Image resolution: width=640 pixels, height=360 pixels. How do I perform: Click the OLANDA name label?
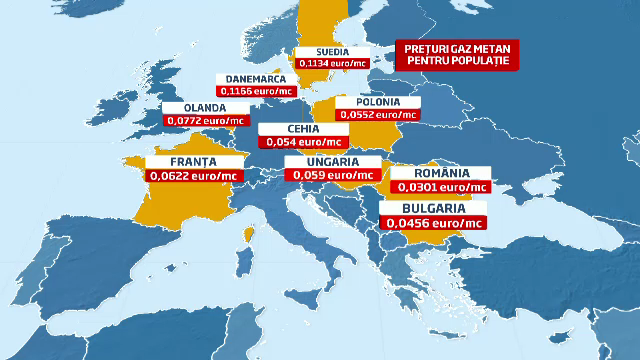coord(203,108)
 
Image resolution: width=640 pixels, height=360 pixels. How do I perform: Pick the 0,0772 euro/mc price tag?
coord(203,121)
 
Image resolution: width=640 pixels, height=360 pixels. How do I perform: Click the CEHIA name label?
coord(303,129)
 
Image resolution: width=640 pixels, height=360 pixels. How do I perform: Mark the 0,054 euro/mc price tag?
coord(303,142)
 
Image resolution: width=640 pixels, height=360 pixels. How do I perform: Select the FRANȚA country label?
coord(194,161)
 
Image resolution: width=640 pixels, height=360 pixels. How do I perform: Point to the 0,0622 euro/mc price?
coord(194,175)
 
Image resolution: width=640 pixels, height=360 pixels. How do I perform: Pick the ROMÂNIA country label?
coord(441,172)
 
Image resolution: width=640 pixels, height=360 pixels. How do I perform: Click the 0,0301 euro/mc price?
coord(441,186)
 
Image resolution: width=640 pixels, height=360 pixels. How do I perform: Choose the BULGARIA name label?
coord(432,208)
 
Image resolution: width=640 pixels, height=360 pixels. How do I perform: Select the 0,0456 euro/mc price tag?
coord(432,222)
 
